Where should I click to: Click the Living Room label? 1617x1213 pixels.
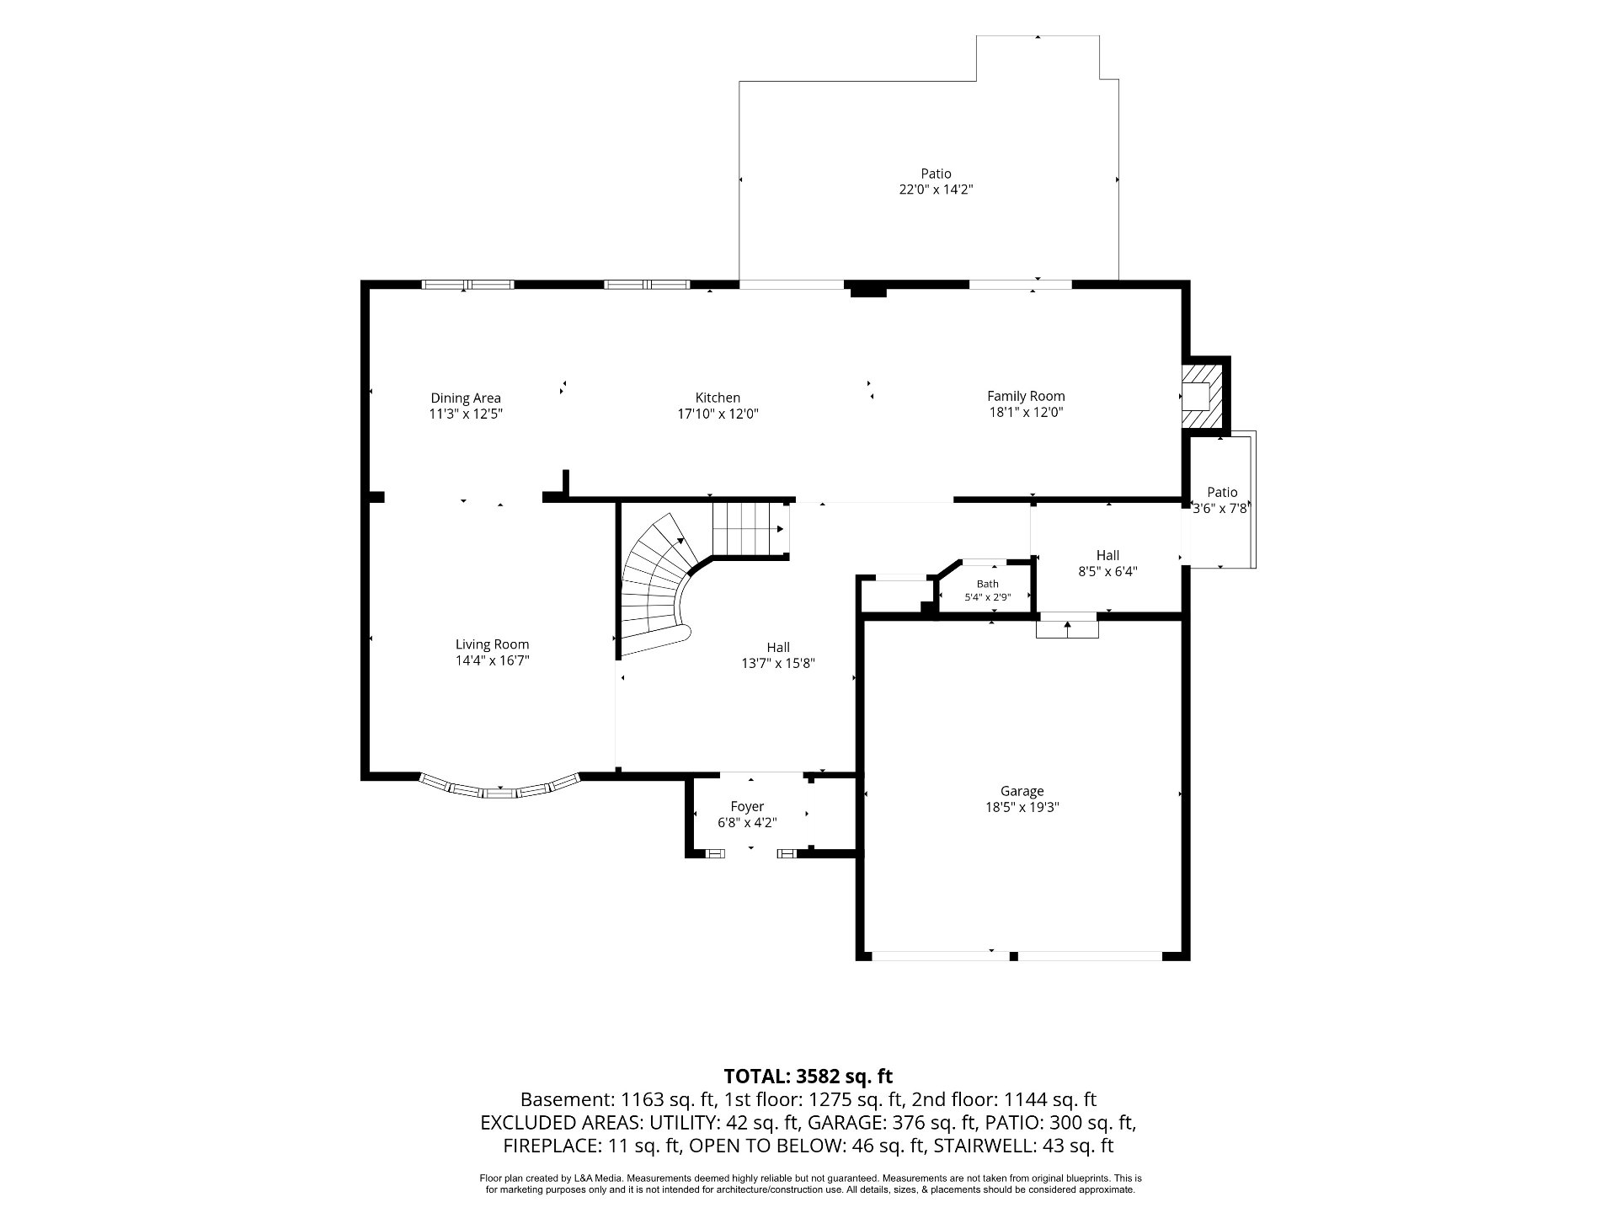493,644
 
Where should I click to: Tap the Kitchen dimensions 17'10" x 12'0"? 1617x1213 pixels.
718,414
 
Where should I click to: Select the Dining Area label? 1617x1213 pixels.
466,398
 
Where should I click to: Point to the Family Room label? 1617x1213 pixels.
1026,396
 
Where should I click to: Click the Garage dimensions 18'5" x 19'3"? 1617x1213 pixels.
1022,807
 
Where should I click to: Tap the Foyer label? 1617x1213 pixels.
747,806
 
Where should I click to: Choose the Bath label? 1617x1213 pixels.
988,584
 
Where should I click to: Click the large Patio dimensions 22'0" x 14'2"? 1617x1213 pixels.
936,190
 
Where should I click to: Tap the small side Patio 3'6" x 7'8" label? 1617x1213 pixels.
1222,500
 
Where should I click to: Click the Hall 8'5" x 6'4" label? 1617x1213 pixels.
1107,563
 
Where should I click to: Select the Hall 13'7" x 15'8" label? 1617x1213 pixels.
778,655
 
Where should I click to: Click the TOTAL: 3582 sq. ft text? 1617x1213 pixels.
808,1076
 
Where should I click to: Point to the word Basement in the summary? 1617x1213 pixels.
565,1099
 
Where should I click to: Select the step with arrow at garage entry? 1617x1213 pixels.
1067,628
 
